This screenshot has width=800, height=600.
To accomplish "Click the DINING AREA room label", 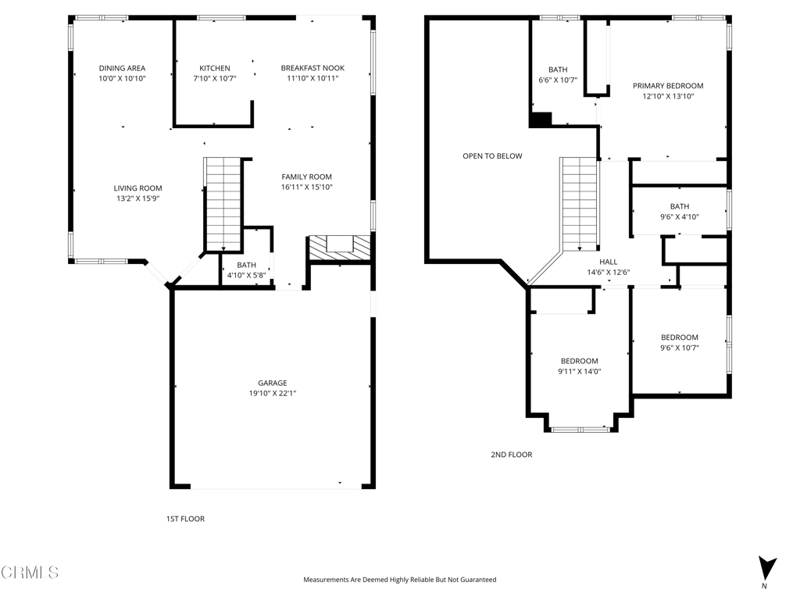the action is coord(122,68).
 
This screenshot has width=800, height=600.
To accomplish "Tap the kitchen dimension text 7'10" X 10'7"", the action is coord(214,78).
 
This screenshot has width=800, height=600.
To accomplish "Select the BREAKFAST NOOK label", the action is coord(312,68).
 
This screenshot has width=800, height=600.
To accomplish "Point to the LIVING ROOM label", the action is coord(137,188).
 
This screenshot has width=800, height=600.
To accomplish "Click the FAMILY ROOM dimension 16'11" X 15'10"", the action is coord(306,187).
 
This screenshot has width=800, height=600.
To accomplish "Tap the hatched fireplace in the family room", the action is coord(340,248).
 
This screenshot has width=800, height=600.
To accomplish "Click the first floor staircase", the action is coord(223,204).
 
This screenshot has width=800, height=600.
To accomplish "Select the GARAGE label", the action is coord(273,383).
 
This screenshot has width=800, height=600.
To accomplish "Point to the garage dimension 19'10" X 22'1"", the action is coord(273,394).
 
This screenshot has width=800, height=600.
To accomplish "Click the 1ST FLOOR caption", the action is coord(185,519).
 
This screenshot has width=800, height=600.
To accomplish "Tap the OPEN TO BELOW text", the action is coord(492,156).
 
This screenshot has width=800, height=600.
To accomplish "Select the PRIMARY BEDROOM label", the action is coord(668,86).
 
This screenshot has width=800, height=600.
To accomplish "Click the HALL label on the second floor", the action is coord(608,262).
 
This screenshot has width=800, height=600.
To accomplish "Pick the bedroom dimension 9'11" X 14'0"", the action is coord(579,371).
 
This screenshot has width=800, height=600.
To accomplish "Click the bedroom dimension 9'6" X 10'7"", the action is coord(679,348).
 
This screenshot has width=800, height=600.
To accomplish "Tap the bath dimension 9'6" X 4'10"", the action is coord(679,217).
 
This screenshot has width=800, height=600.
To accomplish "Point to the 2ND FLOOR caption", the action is coord(511,455).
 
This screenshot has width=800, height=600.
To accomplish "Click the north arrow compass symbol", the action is coord(766,568).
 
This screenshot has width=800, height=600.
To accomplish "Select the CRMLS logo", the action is coord(30,572).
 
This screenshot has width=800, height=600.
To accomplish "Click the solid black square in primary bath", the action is coord(541,120).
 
